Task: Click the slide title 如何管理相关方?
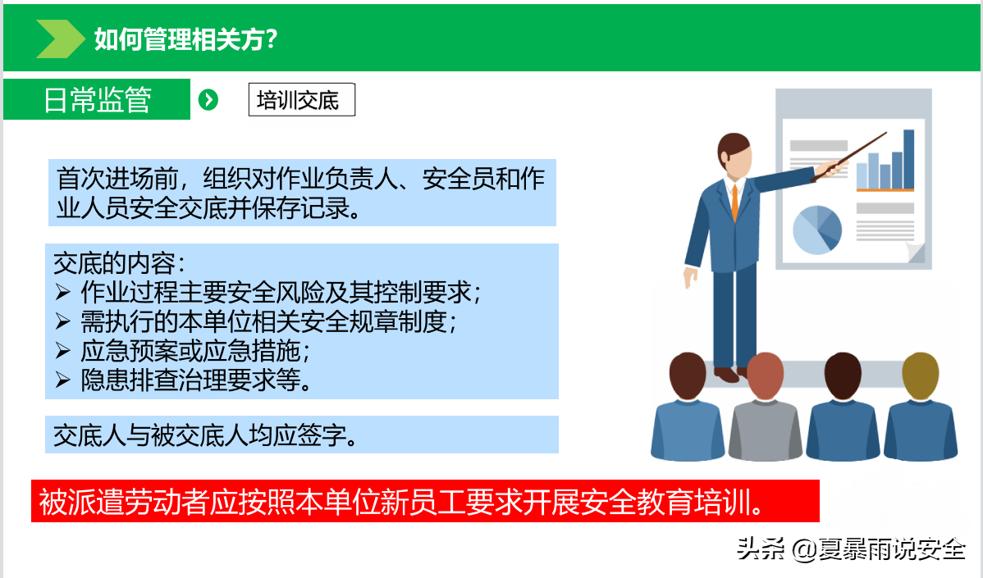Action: pyautogui.click(x=185, y=39)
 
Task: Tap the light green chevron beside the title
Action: pyautogui.click(x=60, y=39)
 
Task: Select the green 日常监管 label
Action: pyautogui.click(x=97, y=99)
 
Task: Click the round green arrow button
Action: pyautogui.click(x=208, y=99)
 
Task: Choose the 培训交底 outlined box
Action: pyautogui.click(x=301, y=99)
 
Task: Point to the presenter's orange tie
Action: pyautogui.click(x=734, y=202)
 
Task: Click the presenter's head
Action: pyautogui.click(x=734, y=156)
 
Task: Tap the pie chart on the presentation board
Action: pyautogui.click(x=817, y=230)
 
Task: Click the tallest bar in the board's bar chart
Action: pyautogui.click(x=908, y=159)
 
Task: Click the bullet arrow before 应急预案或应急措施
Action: pyautogui.click(x=62, y=351)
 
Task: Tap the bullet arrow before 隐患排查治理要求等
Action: pyautogui.click(x=62, y=380)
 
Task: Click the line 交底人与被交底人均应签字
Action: pyautogui.click(x=206, y=435)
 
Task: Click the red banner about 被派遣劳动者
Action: pyautogui.click(x=425, y=501)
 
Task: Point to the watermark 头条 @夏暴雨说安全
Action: pyautogui.click(x=851, y=549)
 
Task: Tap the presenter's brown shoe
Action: pyautogui.click(x=727, y=375)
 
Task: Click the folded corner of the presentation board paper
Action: pyautogui.click(x=916, y=253)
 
